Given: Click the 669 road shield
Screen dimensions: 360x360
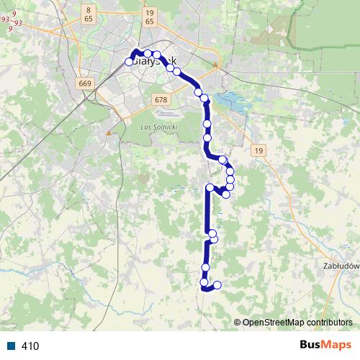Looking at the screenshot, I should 86,84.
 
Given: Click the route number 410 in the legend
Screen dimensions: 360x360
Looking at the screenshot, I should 30,346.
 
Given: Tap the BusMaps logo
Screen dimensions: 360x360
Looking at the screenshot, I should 325,346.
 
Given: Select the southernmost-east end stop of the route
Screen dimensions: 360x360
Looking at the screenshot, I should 217,285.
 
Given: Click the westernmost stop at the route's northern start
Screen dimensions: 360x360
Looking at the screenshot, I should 130,62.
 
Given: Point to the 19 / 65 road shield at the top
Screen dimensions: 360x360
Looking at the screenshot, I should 149,17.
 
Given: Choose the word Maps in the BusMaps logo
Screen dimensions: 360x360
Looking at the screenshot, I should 338,346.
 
